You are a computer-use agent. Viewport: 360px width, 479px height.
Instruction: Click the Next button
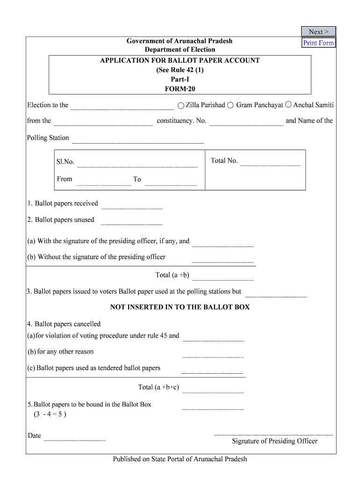click(x=318, y=32)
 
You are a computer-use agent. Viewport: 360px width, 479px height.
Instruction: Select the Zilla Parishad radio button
click(x=181, y=105)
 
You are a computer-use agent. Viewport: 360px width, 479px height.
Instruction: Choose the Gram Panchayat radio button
click(x=230, y=105)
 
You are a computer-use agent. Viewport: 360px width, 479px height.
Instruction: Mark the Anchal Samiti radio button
click(x=288, y=105)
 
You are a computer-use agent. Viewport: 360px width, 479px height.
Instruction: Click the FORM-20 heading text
click(x=180, y=88)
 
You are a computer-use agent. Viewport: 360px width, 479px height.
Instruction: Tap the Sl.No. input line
click(x=137, y=163)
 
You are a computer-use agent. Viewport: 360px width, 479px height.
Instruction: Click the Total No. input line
click(x=270, y=162)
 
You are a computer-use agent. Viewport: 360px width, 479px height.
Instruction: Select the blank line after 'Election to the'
click(x=122, y=106)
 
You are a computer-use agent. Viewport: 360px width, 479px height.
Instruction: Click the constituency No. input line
click(x=246, y=122)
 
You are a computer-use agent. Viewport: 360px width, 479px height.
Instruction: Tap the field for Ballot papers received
click(x=132, y=205)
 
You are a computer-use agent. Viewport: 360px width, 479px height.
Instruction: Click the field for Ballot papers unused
click(x=131, y=221)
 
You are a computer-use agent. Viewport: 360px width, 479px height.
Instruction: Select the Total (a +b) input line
click(x=223, y=276)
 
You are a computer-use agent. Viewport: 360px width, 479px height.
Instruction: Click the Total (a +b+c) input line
click(x=213, y=389)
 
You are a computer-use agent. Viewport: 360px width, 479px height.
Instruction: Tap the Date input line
click(x=74, y=437)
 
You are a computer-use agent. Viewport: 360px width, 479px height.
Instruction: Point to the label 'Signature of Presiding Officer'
click(x=274, y=441)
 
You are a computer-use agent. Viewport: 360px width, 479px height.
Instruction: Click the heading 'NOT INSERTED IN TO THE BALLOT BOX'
click(x=180, y=307)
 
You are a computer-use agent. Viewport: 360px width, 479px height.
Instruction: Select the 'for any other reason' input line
click(x=213, y=354)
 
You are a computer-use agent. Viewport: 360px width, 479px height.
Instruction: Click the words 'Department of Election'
click(x=180, y=50)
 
